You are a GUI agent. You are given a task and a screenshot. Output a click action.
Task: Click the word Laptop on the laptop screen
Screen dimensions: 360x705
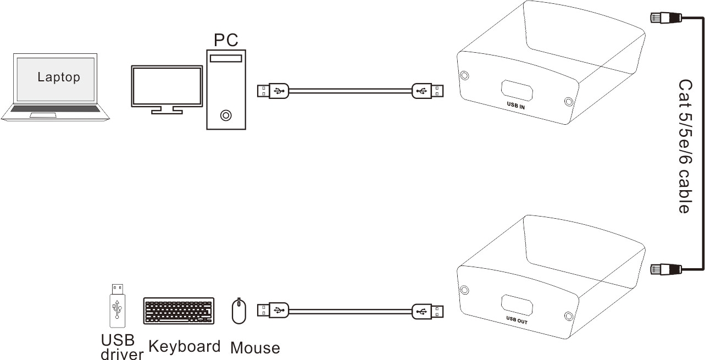tap(58, 77)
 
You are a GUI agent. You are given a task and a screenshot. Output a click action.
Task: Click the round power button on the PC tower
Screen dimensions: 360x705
tap(225, 115)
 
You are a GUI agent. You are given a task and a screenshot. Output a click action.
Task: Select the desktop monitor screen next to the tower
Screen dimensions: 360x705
tap(166, 86)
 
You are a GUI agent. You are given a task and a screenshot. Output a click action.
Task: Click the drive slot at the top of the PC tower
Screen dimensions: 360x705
tap(225, 59)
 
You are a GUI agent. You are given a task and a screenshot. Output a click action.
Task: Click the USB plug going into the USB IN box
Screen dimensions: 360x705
tap(429, 90)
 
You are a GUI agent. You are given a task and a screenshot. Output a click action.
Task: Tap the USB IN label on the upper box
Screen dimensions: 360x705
tap(515, 106)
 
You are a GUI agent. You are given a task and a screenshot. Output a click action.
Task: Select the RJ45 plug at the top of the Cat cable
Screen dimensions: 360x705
tap(665, 18)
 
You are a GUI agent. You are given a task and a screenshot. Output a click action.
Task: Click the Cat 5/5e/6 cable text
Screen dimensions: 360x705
tap(685, 146)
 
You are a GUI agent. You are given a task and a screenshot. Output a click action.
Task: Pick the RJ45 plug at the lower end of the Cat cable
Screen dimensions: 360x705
tap(665, 269)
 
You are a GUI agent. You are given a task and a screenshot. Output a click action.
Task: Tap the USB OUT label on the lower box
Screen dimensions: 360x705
tap(516, 319)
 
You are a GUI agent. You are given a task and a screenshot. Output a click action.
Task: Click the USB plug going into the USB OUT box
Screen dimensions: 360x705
tap(429, 311)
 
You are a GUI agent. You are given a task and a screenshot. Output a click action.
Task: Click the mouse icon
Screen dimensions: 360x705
tap(238, 312)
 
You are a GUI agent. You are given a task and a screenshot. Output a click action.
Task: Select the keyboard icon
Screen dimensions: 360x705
tap(179, 311)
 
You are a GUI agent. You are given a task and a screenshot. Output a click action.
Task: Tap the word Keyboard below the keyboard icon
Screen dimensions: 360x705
tap(184, 346)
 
